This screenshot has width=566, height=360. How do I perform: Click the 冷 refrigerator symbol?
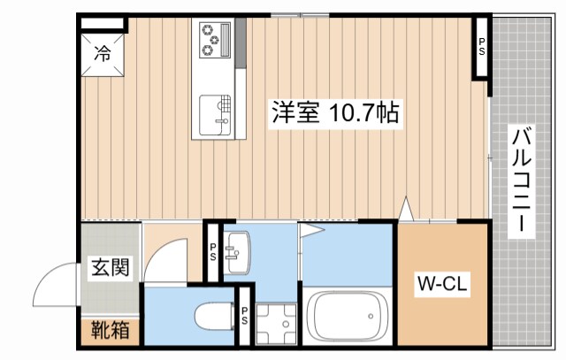click(103, 54)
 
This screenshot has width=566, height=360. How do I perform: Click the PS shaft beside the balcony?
click(482, 46)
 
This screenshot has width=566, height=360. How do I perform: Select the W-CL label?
click(442, 285)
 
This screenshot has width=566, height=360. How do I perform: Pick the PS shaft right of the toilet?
click(244, 315)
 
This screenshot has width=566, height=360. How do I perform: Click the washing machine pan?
click(277, 324)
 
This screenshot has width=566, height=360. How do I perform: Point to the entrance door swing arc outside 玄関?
click(55, 285)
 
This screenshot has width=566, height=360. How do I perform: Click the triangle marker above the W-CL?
click(406, 210)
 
